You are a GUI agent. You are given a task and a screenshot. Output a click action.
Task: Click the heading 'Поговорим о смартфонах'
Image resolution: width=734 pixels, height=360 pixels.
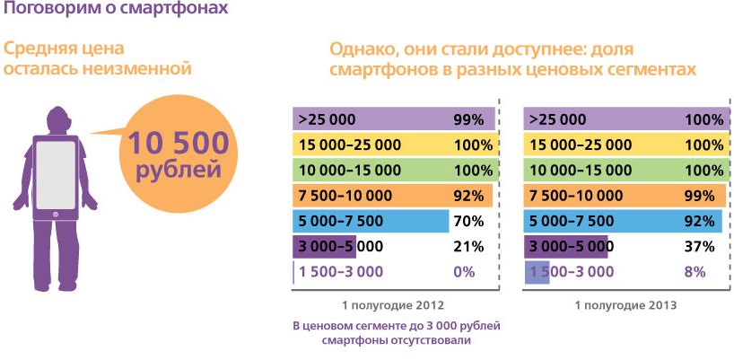(x=113, y=11)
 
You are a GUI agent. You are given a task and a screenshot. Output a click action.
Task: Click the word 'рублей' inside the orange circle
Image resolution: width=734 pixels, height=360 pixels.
(x=182, y=171)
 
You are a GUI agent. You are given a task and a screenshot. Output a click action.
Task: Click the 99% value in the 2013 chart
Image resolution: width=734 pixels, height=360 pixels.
(x=700, y=196)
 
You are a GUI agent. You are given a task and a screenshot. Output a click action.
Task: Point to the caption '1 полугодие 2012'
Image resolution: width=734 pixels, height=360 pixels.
(x=394, y=305)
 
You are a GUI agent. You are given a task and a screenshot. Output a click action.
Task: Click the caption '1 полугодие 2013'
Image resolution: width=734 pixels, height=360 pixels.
(x=625, y=305)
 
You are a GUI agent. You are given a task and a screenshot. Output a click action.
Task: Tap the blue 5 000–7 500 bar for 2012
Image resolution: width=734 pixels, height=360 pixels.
(x=370, y=221)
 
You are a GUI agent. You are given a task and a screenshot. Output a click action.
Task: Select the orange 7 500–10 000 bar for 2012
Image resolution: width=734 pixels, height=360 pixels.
(x=393, y=196)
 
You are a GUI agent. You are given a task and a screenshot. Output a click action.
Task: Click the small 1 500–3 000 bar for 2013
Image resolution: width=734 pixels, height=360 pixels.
(x=536, y=271)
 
